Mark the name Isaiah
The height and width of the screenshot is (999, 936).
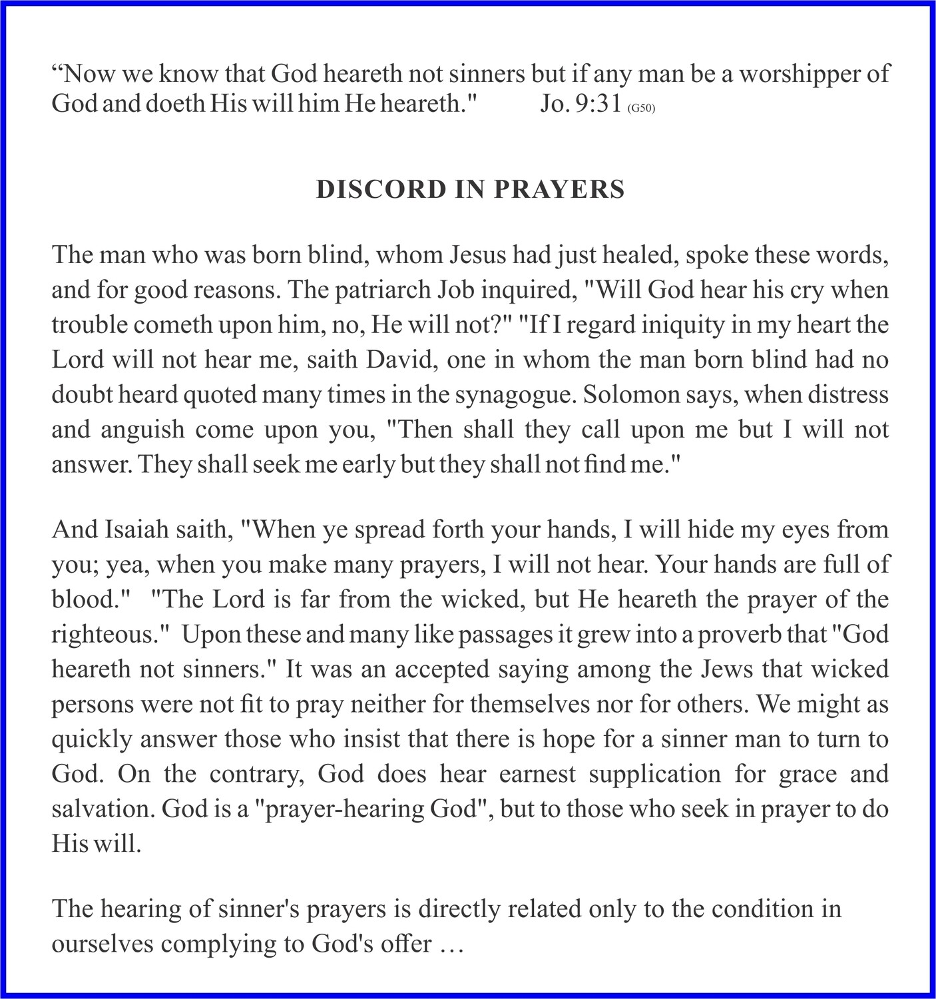coord(129,529)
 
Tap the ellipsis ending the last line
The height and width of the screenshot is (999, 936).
coord(450,944)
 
